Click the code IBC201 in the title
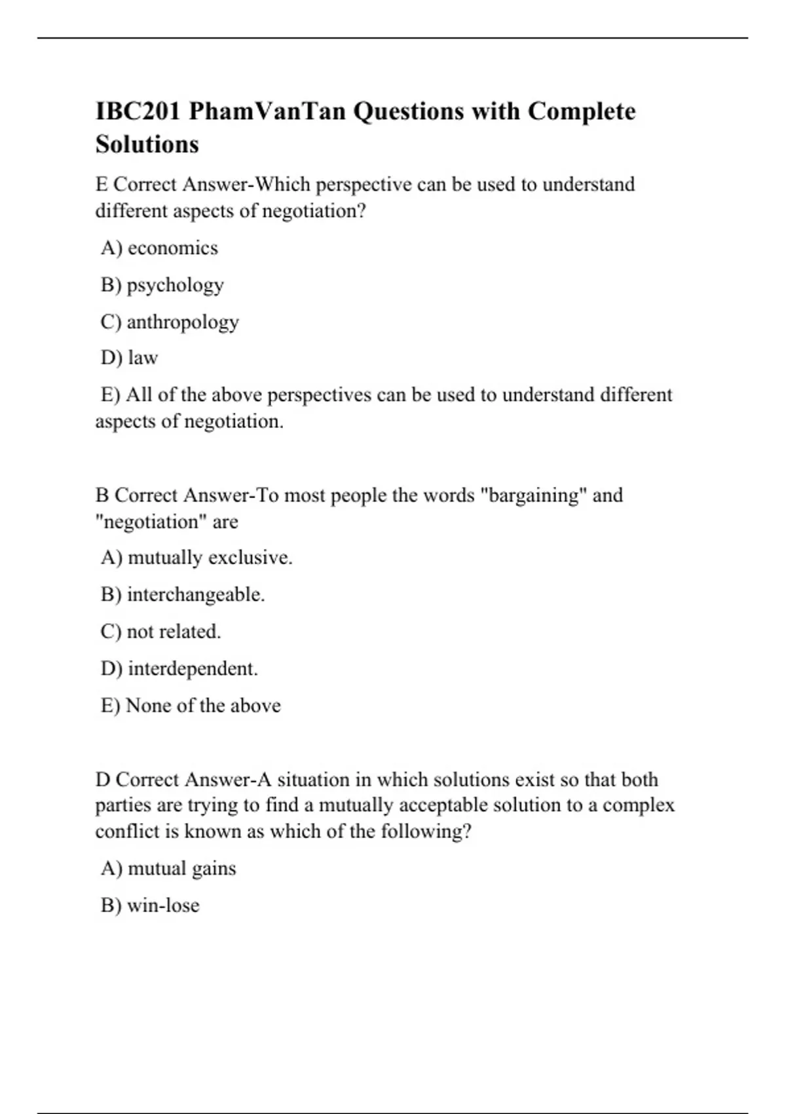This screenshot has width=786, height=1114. pyautogui.click(x=137, y=111)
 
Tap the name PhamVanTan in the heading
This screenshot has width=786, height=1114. pyautogui.click(x=267, y=111)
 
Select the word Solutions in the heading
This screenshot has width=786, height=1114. pyautogui.click(x=147, y=144)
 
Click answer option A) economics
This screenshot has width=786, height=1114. pyautogui.click(x=159, y=248)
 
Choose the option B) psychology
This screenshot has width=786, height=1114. pyautogui.click(x=162, y=285)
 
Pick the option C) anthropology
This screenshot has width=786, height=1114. pyautogui.click(x=170, y=322)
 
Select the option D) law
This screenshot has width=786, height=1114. pyautogui.click(x=129, y=358)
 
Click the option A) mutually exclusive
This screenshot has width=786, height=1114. pyautogui.click(x=196, y=558)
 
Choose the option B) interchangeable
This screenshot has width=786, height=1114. pyautogui.click(x=183, y=594)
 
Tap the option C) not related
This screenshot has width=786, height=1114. pyautogui.click(x=160, y=631)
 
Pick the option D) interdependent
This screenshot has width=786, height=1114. pyautogui.click(x=179, y=668)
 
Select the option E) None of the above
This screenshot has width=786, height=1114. pyautogui.click(x=191, y=705)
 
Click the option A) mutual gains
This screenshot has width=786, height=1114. pyautogui.click(x=168, y=868)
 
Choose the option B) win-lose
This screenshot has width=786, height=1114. pyautogui.click(x=150, y=905)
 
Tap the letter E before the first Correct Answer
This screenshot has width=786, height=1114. pyautogui.click(x=102, y=185)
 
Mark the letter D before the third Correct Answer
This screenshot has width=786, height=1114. pyautogui.click(x=103, y=780)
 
